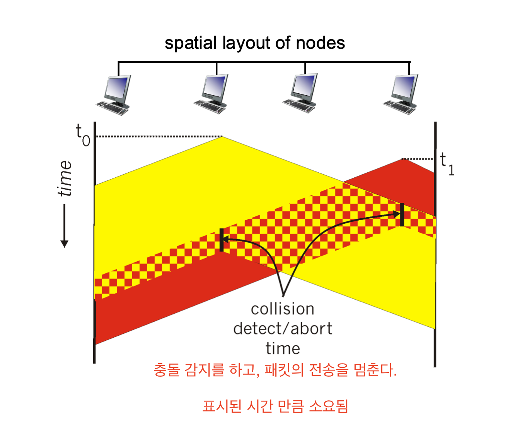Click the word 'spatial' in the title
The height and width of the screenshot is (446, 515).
(x=191, y=43)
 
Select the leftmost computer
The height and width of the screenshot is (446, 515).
(x=114, y=95)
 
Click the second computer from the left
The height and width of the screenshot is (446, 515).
(x=211, y=94)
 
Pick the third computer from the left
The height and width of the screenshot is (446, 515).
(x=300, y=93)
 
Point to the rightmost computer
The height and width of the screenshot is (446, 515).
(x=401, y=94)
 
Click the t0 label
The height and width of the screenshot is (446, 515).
(x=83, y=135)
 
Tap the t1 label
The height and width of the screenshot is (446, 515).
(x=447, y=164)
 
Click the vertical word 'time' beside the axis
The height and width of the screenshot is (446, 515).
(x=65, y=178)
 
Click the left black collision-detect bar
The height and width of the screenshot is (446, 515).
(x=222, y=240)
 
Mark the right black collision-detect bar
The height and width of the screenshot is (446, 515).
(x=402, y=215)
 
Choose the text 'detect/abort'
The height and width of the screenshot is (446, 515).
(x=283, y=329)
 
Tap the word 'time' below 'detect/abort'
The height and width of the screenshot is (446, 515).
(x=283, y=348)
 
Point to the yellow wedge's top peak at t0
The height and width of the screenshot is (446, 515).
(x=222, y=137)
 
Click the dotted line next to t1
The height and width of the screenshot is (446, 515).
(x=417, y=159)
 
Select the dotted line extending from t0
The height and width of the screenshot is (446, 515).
(x=159, y=136)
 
